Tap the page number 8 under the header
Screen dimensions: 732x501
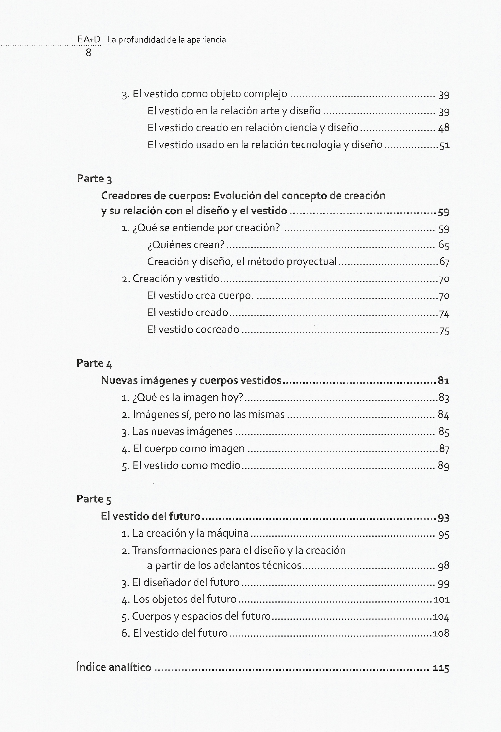click(x=89, y=53)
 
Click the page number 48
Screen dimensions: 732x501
click(x=444, y=128)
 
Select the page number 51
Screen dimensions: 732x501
click(x=444, y=145)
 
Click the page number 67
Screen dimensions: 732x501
click(x=444, y=262)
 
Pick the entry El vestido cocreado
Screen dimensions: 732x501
click(x=193, y=329)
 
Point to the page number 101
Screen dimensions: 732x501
click(x=441, y=599)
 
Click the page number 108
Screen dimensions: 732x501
click(x=441, y=633)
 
